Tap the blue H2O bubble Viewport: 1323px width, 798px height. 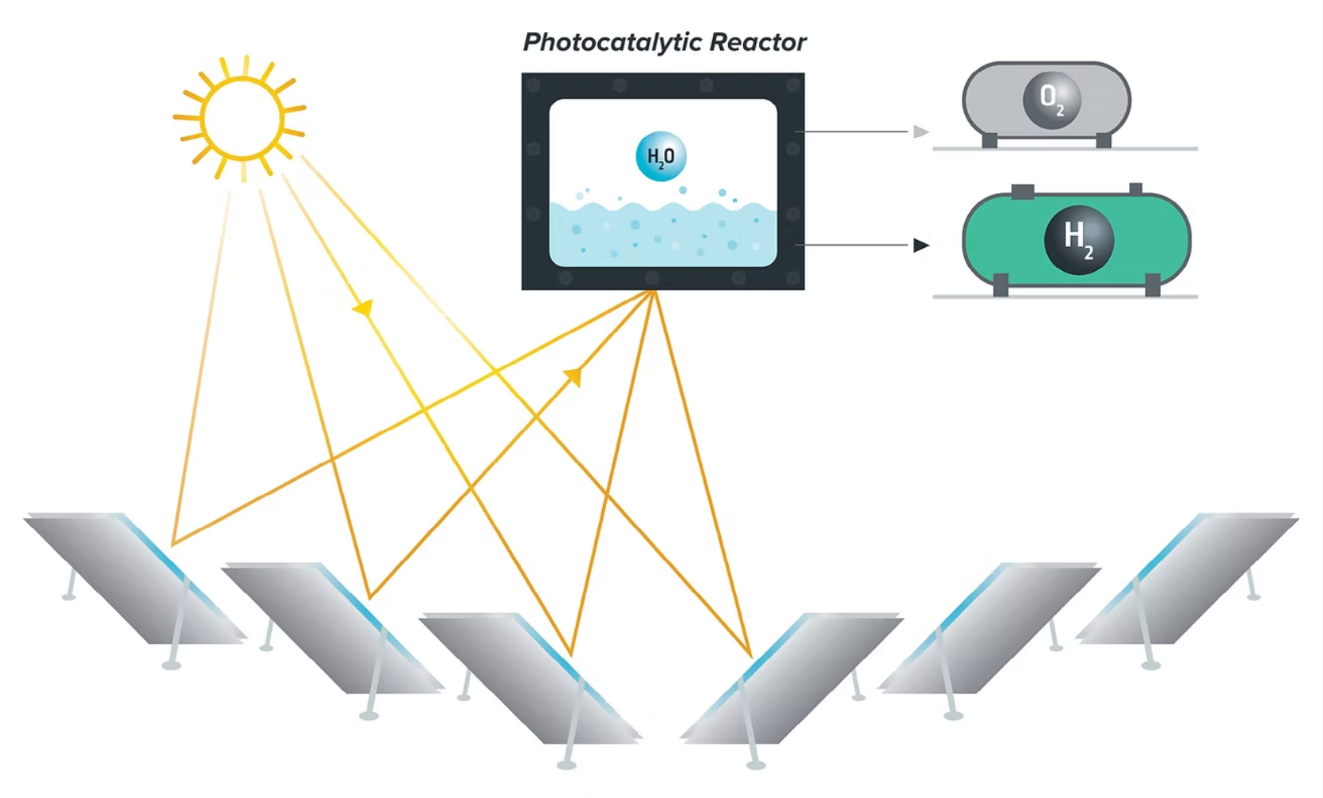(x=660, y=156)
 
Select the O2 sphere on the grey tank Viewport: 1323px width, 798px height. (x=1052, y=100)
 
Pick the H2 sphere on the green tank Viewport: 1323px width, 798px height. (x=1078, y=239)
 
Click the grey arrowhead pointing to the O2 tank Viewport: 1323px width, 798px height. (x=921, y=132)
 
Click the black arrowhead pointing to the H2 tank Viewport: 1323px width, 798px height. (x=921, y=245)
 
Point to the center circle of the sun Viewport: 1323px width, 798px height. (x=242, y=119)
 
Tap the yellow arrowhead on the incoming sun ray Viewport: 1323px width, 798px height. (x=364, y=308)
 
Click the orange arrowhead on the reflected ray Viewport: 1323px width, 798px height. (x=573, y=375)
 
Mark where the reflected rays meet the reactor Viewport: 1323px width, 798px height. (x=653, y=292)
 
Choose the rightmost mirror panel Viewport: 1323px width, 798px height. (x=1188, y=578)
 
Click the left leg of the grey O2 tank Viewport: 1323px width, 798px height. (x=990, y=141)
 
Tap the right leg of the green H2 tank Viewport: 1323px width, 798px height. (x=1152, y=285)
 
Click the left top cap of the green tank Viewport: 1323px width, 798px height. (x=1022, y=191)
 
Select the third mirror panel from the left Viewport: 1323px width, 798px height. (x=530, y=678)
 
